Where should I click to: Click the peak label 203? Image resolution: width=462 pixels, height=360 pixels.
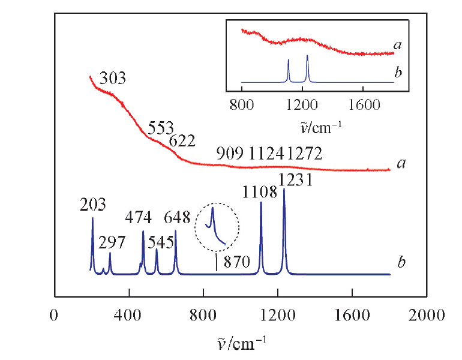coord(93,205)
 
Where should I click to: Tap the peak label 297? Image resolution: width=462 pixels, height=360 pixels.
coord(112,243)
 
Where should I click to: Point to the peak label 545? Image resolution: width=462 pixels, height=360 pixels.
coord(160,243)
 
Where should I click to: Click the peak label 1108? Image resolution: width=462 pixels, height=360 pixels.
coord(260,192)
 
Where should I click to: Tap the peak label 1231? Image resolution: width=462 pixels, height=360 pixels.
coord(296,179)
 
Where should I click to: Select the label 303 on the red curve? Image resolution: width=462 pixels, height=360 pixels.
coord(113,79)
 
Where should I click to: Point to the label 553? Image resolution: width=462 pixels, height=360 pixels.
coord(160,127)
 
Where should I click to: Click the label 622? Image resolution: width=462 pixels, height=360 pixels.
coord(182,141)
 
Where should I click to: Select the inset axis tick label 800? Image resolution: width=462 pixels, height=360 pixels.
coord(242,105)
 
